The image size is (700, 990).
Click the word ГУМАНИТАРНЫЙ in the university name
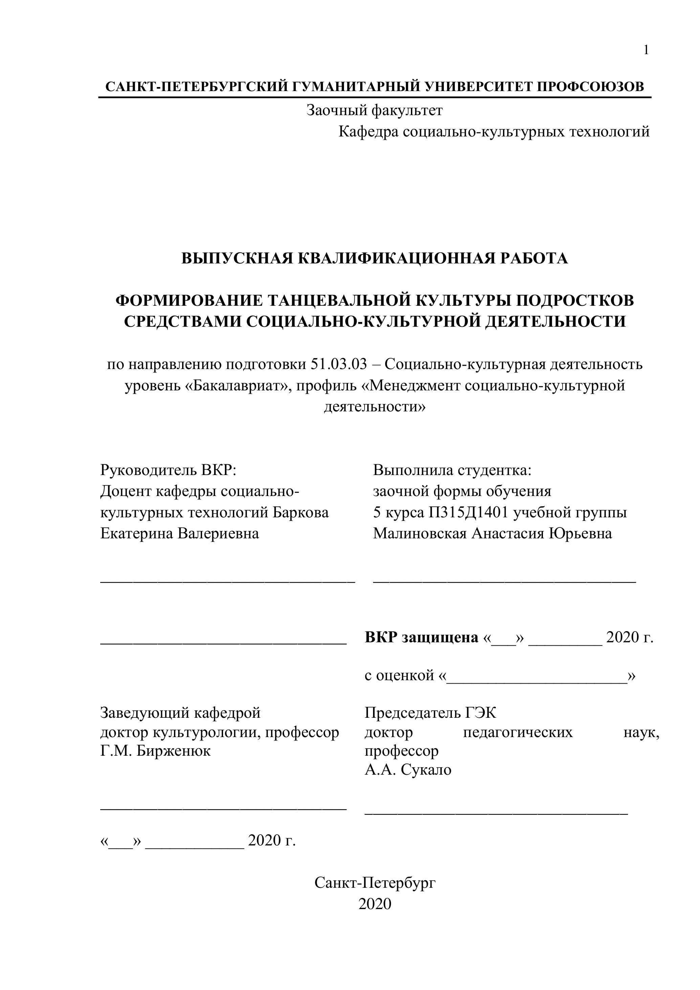pyautogui.click(x=356, y=87)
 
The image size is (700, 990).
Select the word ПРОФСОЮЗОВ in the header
pyautogui.click(x=591, y=87)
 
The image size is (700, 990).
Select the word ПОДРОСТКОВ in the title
pyautogui.click(x=575, y=301)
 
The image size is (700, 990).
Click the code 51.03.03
pyautogui.click(x=338, y=364)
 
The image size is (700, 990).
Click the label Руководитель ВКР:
pyautogui.click(x=169, y=470)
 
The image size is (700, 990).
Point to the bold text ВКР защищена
pyautogui.click(x=421, y=637)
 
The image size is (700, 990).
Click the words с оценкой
pyautogui.click(x=399, y=675)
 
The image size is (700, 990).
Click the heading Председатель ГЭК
pyautogui.click(x=430, y=713)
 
